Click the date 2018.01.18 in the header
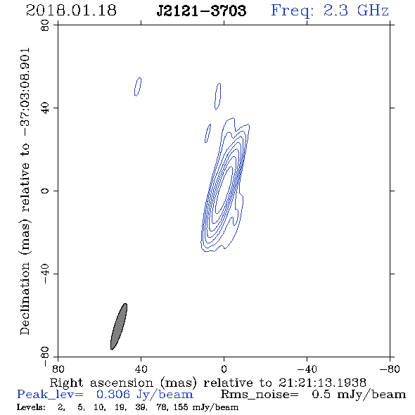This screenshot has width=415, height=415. [71, 11]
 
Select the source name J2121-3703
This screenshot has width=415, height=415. [202, 11]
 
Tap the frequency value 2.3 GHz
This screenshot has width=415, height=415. [356, 11]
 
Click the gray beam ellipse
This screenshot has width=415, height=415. [119, 326]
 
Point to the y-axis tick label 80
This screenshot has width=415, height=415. [45, 25]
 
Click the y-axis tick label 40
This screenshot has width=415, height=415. [45, 108]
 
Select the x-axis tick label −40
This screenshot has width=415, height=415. [307, 369]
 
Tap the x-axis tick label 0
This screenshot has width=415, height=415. [224, 369]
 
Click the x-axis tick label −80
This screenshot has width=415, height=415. [390, 369]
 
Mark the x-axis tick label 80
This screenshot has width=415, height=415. [58, 369]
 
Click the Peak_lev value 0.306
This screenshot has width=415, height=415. [113, 395]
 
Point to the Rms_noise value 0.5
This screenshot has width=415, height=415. [321, 395]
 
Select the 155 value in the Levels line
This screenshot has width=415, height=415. [181, 407]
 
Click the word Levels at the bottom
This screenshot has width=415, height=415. [31, 407]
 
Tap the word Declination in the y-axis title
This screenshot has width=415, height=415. [25, 298]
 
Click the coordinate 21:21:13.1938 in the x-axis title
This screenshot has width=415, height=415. [322, 383]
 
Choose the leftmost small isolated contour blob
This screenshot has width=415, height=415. [138, 87]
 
